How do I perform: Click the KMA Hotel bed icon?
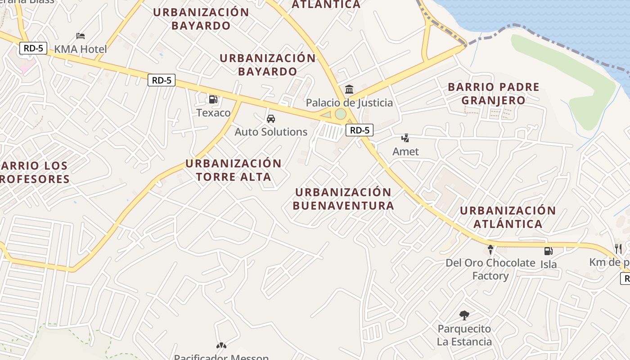[81, 36]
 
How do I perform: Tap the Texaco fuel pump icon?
[213, 99]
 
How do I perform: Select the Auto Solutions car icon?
[271, 119]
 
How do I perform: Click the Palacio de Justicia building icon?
[349, 89]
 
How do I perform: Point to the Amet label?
[405, 152]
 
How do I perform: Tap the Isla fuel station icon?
[548, 251]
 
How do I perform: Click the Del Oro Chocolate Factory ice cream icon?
[490, 249]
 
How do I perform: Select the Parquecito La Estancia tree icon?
[464, 315]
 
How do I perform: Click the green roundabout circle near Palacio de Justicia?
[341, 114]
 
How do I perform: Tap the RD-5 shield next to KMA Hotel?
[34, 48]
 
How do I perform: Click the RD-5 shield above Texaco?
[162, 81]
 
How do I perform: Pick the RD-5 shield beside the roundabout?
[360, 130]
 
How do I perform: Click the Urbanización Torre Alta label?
[234, 170]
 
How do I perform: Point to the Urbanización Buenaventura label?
[343, 199]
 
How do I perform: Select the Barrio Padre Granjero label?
[494, 94]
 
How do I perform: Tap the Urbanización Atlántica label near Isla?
[508, 217]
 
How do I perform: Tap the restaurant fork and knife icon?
[618, 249]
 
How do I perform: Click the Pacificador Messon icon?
[221, 346]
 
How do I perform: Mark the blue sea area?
[562, 18]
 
